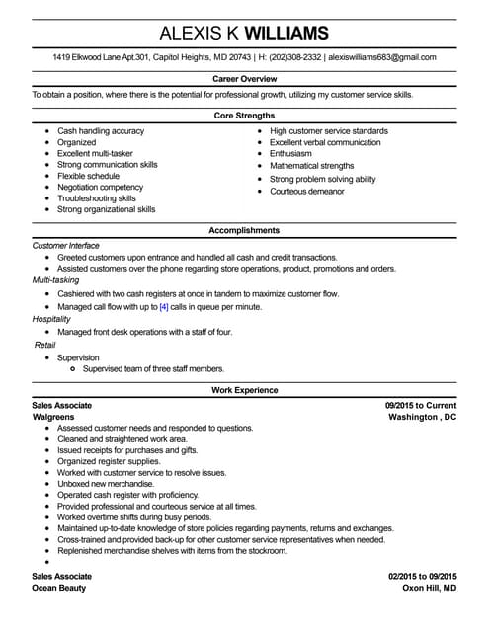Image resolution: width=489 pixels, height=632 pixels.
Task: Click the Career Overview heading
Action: click(244, 78)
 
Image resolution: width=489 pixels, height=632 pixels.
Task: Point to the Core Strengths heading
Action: click(244, 115)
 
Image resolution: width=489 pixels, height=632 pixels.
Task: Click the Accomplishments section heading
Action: click(244, 230)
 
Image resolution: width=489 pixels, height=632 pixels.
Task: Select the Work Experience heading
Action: click(244, 390)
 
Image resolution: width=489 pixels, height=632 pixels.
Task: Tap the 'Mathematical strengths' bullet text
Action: click(311, 167)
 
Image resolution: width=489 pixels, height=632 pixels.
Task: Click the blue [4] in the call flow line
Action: click(164, 307)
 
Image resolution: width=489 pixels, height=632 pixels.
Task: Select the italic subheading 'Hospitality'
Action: click(51, 319)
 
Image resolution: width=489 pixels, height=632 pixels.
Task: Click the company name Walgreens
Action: click(54, 417)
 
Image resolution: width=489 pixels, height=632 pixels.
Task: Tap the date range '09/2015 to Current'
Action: click(421, 405)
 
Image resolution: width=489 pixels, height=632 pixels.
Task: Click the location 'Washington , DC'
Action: click(423, 417)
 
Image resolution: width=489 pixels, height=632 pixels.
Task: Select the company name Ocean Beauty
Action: click(59, 588)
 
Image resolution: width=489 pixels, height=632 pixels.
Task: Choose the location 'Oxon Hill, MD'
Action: click(429, 588)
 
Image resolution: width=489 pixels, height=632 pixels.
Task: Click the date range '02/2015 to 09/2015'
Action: click(422, 575)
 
